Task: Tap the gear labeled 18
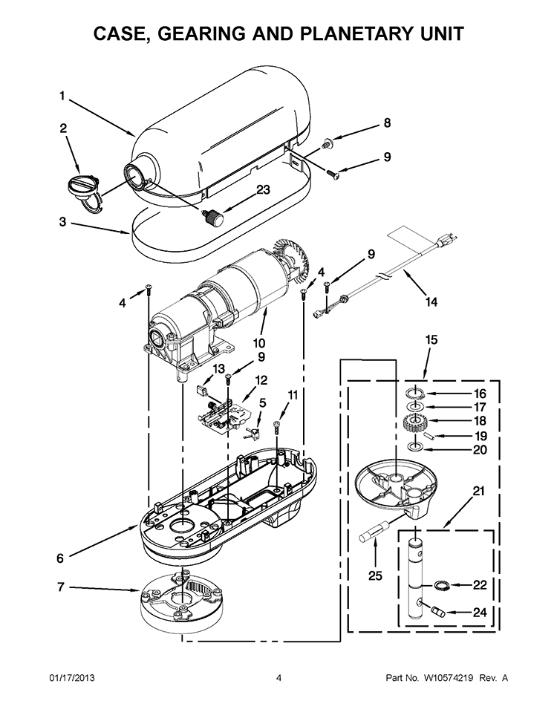point(414,423)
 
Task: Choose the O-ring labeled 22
point(440,585)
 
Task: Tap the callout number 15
point(431,339)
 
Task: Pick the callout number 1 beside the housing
point(62,95)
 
